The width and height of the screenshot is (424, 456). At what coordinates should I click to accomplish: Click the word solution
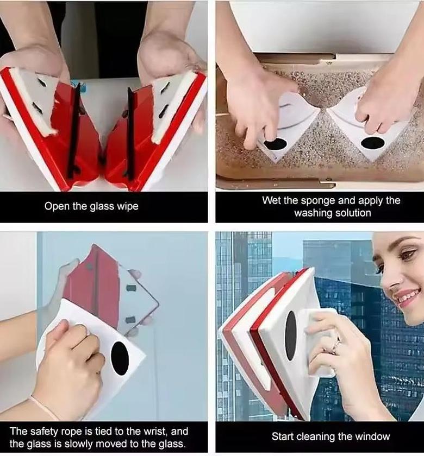click(352, 213)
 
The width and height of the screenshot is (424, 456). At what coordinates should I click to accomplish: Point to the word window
click(375, 436)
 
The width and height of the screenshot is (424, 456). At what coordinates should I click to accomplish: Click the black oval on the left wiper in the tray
click(276, 144)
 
